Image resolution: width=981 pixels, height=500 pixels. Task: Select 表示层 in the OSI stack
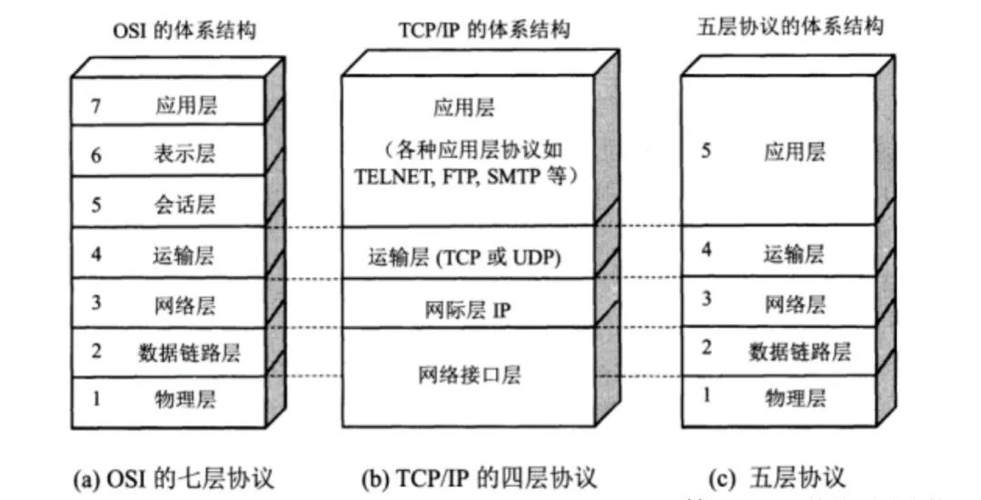click(x=185, y=155)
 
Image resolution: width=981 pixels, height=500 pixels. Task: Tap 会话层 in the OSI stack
click(x=185, y=203)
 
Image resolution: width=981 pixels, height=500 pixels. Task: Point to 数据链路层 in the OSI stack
click(x=190, y=350)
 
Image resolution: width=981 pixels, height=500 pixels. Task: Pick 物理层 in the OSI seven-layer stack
click(x=185, y=398)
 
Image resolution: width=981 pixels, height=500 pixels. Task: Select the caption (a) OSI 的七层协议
click(x=173, y=477)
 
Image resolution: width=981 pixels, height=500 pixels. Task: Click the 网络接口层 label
click(x=471, y=374)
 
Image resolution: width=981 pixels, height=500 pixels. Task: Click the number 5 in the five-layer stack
click(x=706, y=151)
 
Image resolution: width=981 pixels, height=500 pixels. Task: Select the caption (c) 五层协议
click(x=776, y=477)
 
